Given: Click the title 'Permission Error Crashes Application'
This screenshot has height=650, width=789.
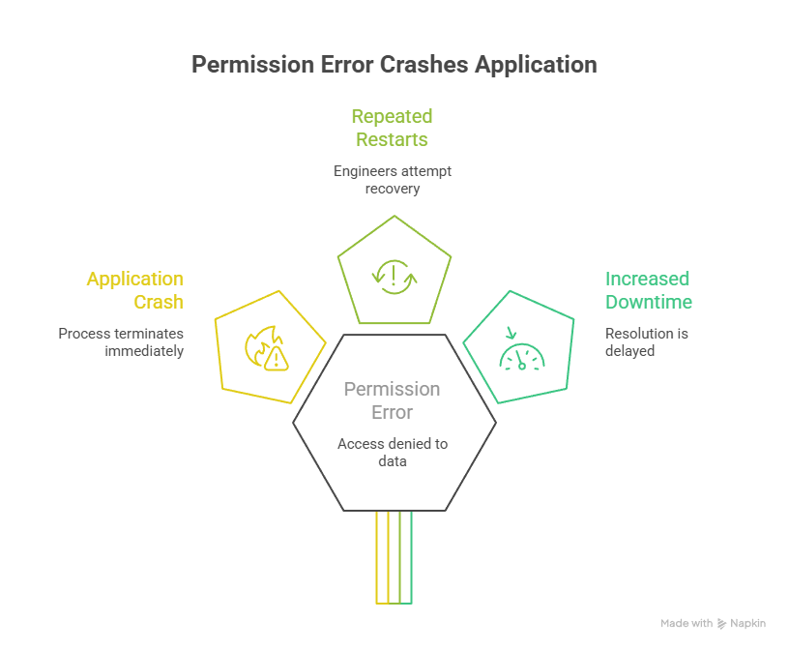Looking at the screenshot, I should tap(394, 65).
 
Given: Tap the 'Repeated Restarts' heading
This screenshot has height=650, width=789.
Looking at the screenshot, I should tap(392, 128).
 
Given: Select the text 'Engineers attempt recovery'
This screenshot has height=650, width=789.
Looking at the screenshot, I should tap(392, 179).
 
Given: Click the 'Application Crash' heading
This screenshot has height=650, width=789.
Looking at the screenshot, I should tap(134, 290).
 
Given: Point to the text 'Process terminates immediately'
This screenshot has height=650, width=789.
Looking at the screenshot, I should tap(121, 341).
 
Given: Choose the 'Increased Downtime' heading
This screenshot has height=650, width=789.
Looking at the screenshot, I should tap(648, 290).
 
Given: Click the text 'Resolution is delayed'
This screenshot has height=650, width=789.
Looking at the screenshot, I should tap(633, 341).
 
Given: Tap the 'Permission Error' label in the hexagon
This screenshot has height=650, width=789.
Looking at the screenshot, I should tap(393, 400).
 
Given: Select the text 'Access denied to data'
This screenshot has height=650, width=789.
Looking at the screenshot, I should tap(393, 452).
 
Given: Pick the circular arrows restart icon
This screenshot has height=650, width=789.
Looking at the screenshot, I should tap(394, 275).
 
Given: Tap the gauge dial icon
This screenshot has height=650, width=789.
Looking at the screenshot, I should tap(520, 354).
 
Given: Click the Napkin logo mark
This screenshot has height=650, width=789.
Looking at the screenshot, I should tap(721, 624).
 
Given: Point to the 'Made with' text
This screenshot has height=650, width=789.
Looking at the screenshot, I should tap(687, 624).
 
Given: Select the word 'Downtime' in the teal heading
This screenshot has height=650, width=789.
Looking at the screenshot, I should tap(649, 302).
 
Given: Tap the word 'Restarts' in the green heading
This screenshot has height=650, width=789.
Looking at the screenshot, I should tap(392, 139).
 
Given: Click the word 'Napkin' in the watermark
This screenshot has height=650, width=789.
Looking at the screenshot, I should tap(748, 624).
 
